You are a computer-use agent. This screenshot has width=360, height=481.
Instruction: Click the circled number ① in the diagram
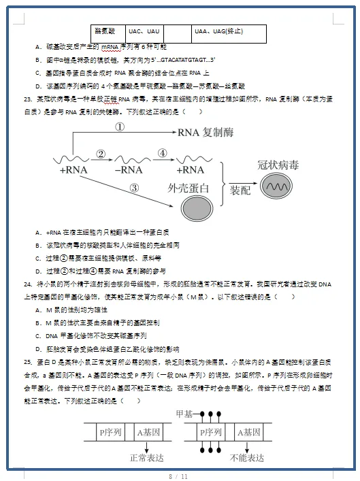119,127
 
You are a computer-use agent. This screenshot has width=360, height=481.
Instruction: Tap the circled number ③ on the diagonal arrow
135,187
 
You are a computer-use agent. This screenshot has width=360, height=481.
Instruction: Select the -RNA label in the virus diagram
129,169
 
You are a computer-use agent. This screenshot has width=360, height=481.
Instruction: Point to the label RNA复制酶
207,133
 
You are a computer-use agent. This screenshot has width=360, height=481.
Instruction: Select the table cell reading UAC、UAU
144,31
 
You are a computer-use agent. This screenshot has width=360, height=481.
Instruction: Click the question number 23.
28,99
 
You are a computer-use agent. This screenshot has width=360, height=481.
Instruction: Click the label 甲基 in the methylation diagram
184,414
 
